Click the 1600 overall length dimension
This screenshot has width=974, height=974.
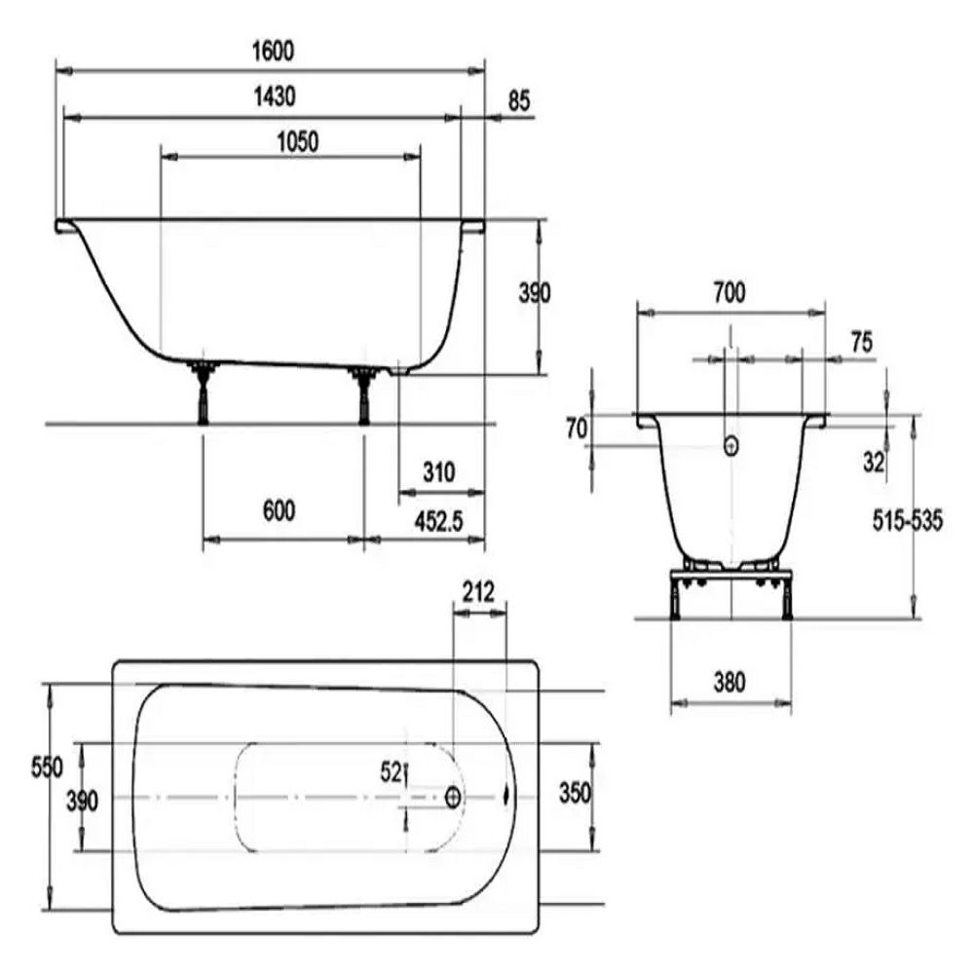pyautogui.click(x=274, y=51)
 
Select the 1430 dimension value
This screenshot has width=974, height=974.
pyautogui.click(x=275, y=96)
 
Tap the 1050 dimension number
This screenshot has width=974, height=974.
pyautogui.click(x=297, y=142)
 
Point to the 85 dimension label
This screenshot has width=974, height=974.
pyautogui.click(x=519, y=101)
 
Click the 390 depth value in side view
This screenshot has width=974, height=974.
pyautogui.click(x=535, y=292)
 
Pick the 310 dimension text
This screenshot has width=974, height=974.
pyautogui.click(x=439, y=472)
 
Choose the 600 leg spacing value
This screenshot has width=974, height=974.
pyautogui.click(x=279, y=510)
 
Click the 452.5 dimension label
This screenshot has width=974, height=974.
pyautogui.click(x=439, y=522)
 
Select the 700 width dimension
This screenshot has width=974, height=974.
pyautogui.click(x=730, y=292)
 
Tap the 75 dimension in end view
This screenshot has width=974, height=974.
pyautogui.click(x=862, y=342)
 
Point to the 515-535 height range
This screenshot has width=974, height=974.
pyautogui.click(x=908, y=520)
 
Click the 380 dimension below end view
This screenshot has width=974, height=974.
pyautogui.click(x=730, y=683)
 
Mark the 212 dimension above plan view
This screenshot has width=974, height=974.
pyautogui.click(x=479, y=592)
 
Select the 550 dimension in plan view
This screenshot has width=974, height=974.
pyautogui.click(x=47, y=768)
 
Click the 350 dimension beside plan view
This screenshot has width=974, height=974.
pyautogui.click(x=575, y=793)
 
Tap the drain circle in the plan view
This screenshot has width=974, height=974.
pyautogui.click(x=454, y=798)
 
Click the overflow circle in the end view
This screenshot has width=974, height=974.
pyautogui.click(x=731, y=445)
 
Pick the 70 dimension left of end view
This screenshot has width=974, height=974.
pyautogui.click(x=577, y=429)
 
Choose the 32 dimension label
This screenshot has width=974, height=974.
pyautogui.click(x=873, y=462)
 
